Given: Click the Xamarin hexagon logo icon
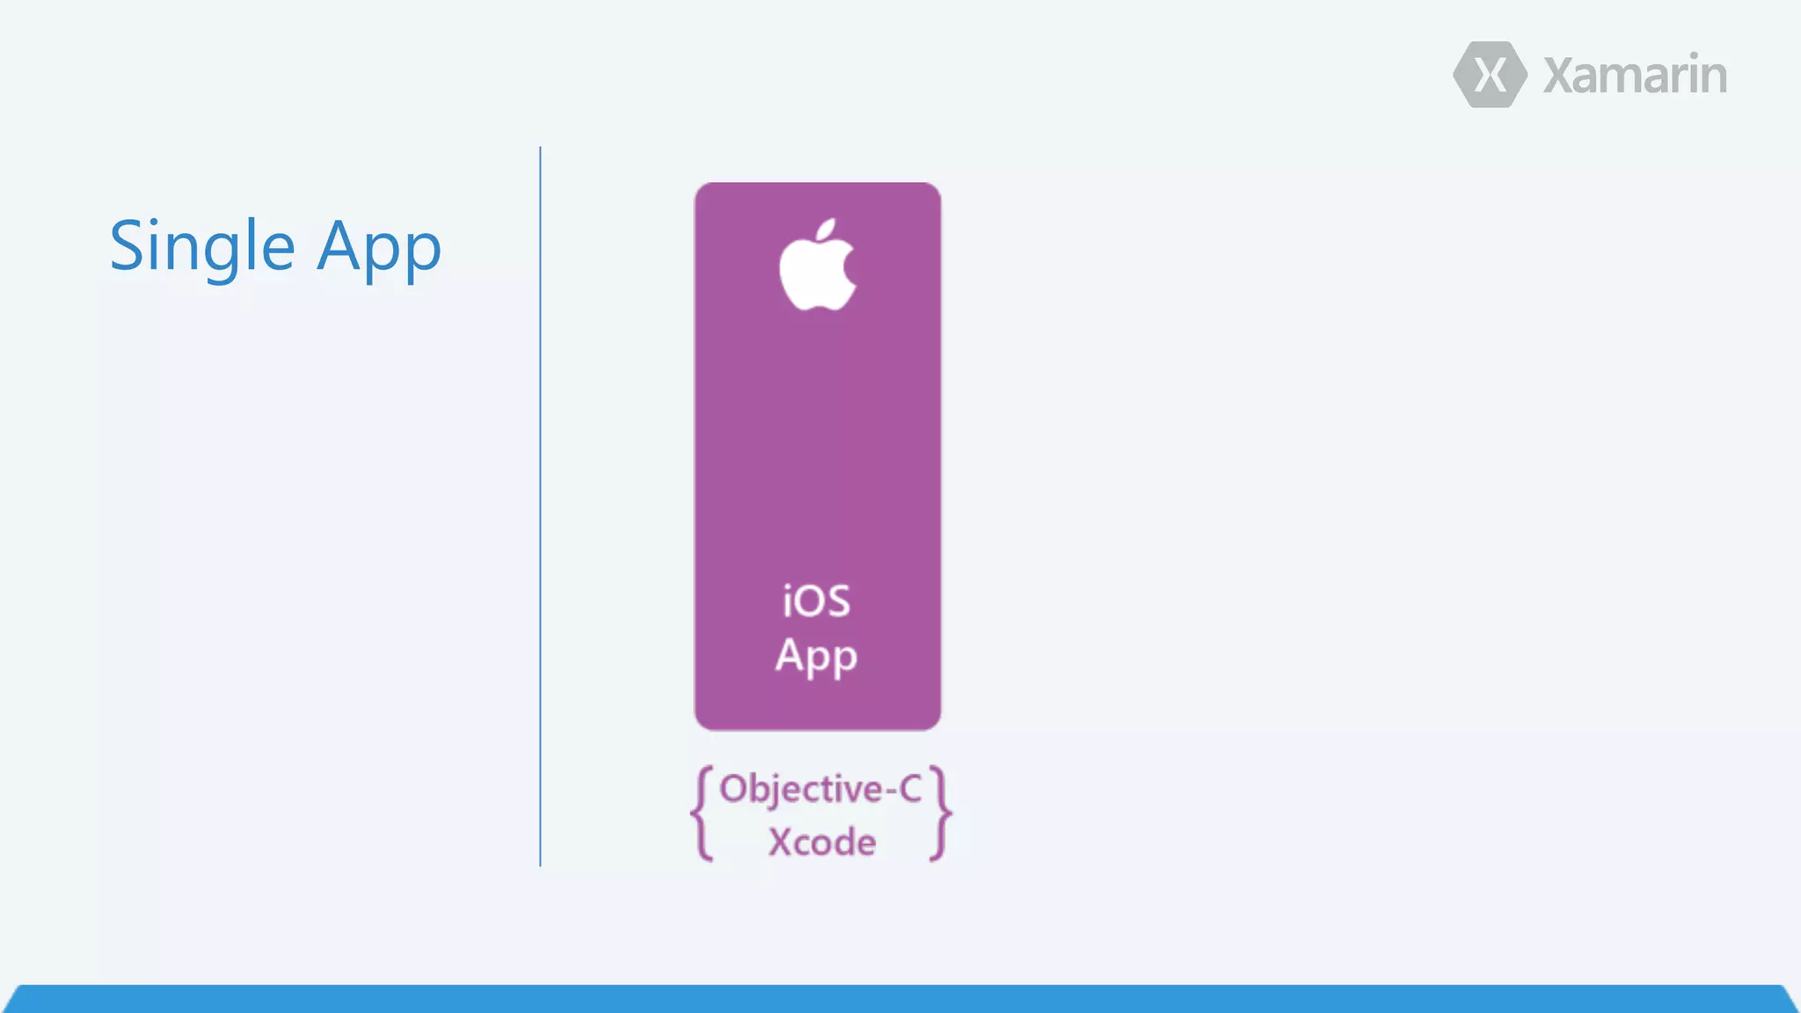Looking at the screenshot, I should pos(1490,75).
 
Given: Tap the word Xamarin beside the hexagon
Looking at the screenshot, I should pos(1635,76).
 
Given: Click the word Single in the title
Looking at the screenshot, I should pos(202,247).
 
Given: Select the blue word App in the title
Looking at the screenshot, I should pos(379,249).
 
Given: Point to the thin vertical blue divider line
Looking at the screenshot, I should pos(540,506).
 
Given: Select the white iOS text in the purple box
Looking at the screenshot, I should pos(817,601).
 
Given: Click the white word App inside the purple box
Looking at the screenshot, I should pos(816,657).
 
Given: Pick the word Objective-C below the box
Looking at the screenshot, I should pos(820,789).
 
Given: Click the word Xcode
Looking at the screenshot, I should pos(822,842).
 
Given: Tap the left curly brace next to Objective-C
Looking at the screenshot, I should pos(702,813).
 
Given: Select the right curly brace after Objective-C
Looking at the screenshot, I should pos(940,813).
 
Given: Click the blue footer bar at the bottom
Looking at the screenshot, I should pos(900,1000).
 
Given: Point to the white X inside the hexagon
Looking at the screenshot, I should pos(1490,75).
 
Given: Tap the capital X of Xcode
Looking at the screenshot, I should pos(781,842).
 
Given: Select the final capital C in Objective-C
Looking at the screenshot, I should pos(909,789).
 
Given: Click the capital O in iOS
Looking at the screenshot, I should pos(809,602).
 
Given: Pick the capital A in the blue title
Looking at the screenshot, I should pos(340,245).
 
